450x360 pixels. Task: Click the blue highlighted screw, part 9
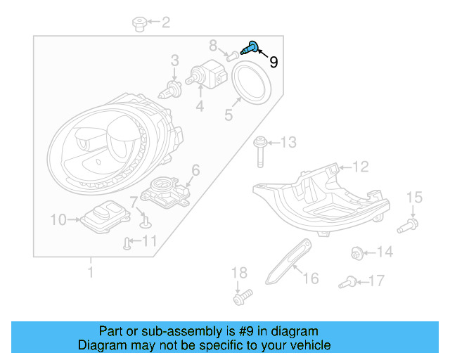pyautogui.click(x=250, y=49)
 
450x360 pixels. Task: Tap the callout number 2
pyautogui.click(x=166, y=23)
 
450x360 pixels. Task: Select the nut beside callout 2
pyautogui.click(x=139, y=25)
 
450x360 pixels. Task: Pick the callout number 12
pyautogui.click(x=360, y=167)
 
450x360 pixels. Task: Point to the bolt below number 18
pyautogui.click(x=240, y=298)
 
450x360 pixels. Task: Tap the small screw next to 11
pyautogui.click(x=127, y=243)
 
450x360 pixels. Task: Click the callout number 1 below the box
pyautogui.click(x=90, y=271)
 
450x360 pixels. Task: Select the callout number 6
pyautogui.click(x=195, y=169)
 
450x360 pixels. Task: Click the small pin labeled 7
pyautogui.click(x=145, y=222)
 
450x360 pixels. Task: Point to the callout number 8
pyautogui.click(x=213, y=46)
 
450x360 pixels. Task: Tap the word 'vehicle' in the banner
pyautogui.click(x=307, y=345)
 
